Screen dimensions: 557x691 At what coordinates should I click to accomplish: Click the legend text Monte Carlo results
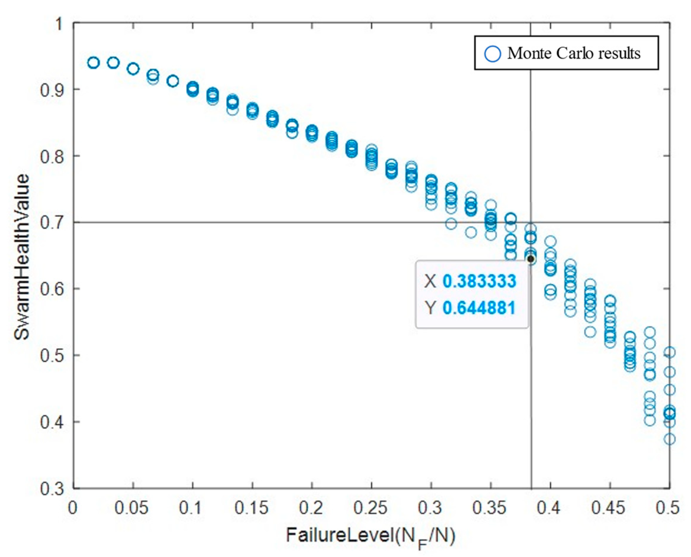tap(574, 53)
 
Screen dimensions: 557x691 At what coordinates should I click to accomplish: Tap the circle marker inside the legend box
tap(492, 54)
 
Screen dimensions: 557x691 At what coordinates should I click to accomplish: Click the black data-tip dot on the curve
tap(531, 259)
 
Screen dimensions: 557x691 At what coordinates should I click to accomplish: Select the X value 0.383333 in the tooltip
tap(479, 281)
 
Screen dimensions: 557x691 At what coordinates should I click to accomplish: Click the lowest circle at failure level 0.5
tap(669, 439)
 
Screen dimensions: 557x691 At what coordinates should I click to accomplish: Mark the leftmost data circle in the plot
tap(94, 63)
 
